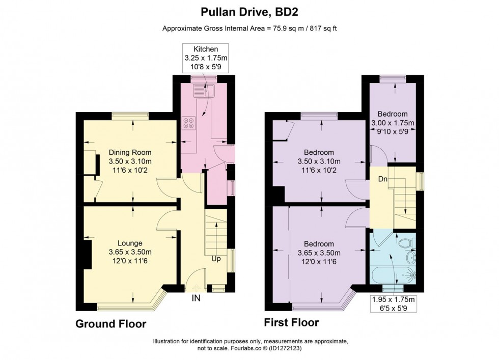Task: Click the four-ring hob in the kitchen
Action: (189, 123)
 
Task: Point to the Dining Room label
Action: (130, 161)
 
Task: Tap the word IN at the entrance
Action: (196, 298)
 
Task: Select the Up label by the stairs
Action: (216, 259)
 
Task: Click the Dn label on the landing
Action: (382, 179)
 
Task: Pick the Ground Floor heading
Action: (111, 324)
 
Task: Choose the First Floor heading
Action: (291, 322)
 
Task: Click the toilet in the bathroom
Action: (406, 243)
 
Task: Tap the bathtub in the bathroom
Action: (393, 275)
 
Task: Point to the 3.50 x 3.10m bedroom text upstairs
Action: (319, 161)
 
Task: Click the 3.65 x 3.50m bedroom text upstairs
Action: (319, 252)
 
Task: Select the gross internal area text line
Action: (249, 29)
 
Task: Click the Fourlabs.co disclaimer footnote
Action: (249, 345)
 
